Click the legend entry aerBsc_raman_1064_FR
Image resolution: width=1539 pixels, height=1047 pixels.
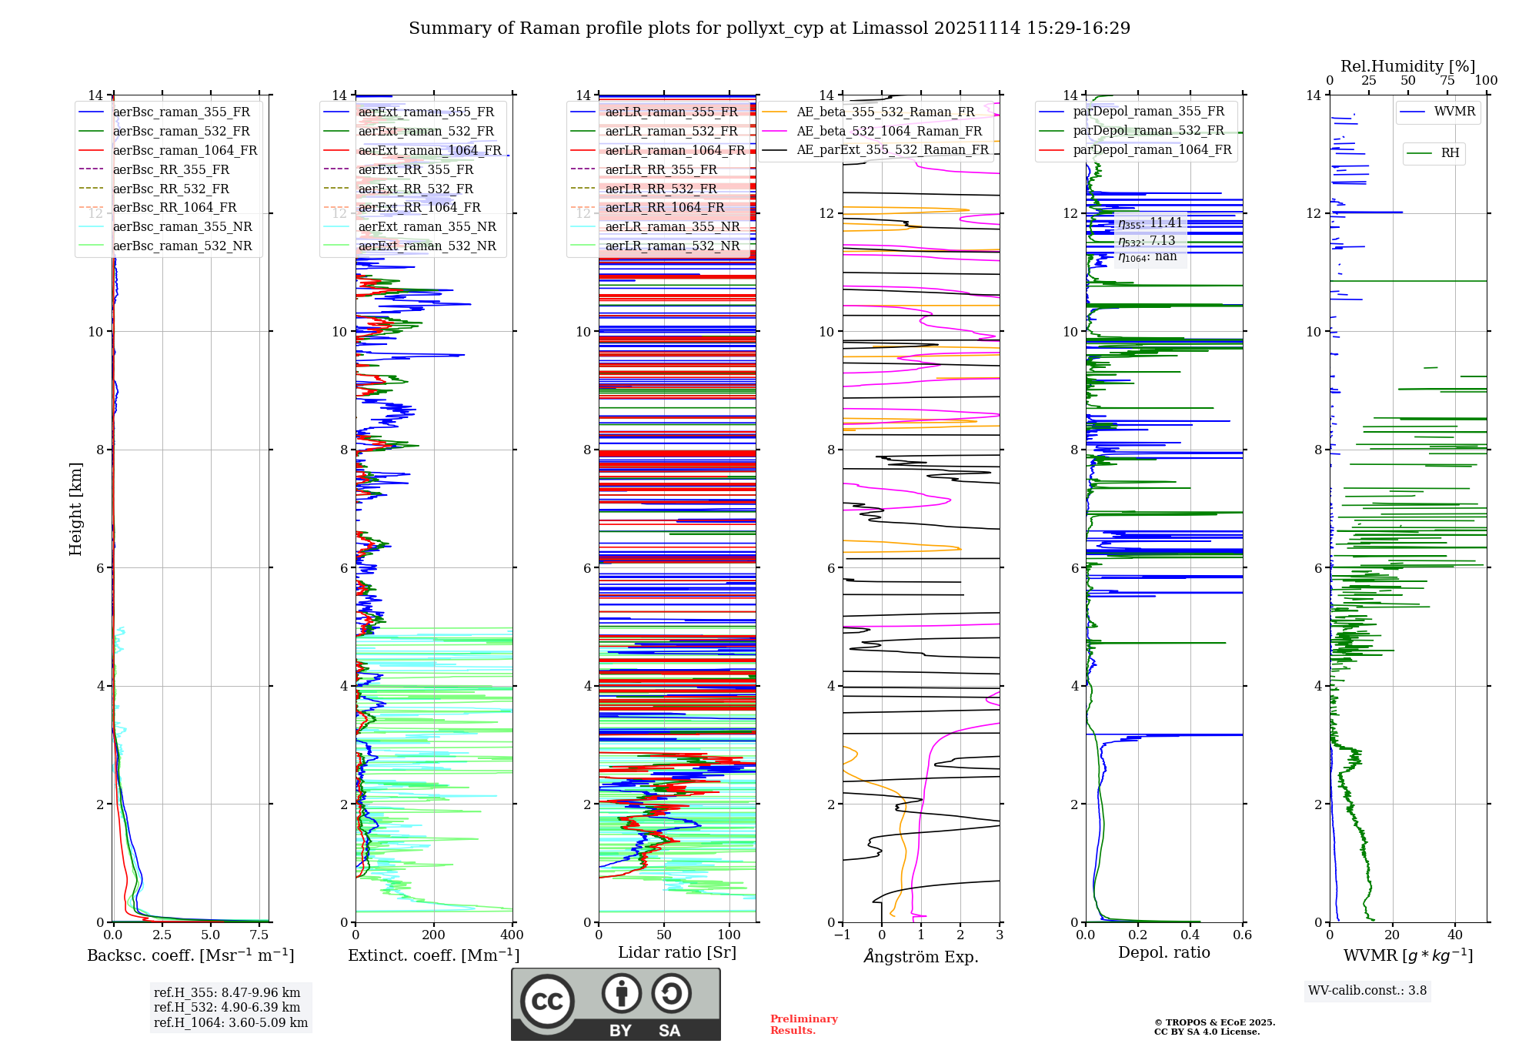(x=185, y=150)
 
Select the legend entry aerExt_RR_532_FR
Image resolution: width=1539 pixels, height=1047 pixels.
(x=416, y=189)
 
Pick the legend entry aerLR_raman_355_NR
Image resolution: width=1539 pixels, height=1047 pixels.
(x=672, y=226)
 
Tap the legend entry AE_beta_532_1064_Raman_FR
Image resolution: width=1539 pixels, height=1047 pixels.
(x=889, y=131)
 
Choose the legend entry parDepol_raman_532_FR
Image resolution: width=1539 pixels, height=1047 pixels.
(x=1148, y=131)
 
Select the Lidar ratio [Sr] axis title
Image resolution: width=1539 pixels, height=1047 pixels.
(x=677, y=952)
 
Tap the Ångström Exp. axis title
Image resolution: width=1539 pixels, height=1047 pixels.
(x=921, y=956)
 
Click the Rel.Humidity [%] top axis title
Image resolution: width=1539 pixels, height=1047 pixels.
(x=1407, y=66)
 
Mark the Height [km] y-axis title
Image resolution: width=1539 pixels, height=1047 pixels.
(x=75, y=508)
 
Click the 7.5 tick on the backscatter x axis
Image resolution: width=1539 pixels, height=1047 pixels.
(x=259, y=935)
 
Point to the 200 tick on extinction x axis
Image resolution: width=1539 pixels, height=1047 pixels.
(x=434, y=935)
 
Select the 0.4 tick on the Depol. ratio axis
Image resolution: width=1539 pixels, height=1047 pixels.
(x=1190, y=935)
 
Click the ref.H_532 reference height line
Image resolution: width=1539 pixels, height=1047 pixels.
(x=227, y=1007)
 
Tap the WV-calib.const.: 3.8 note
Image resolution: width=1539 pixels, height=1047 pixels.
(x=1367, y=990)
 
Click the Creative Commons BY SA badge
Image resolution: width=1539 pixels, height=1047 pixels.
(x=616, y=1004)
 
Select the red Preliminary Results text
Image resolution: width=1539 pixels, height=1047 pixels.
(x=803, y=1024)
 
